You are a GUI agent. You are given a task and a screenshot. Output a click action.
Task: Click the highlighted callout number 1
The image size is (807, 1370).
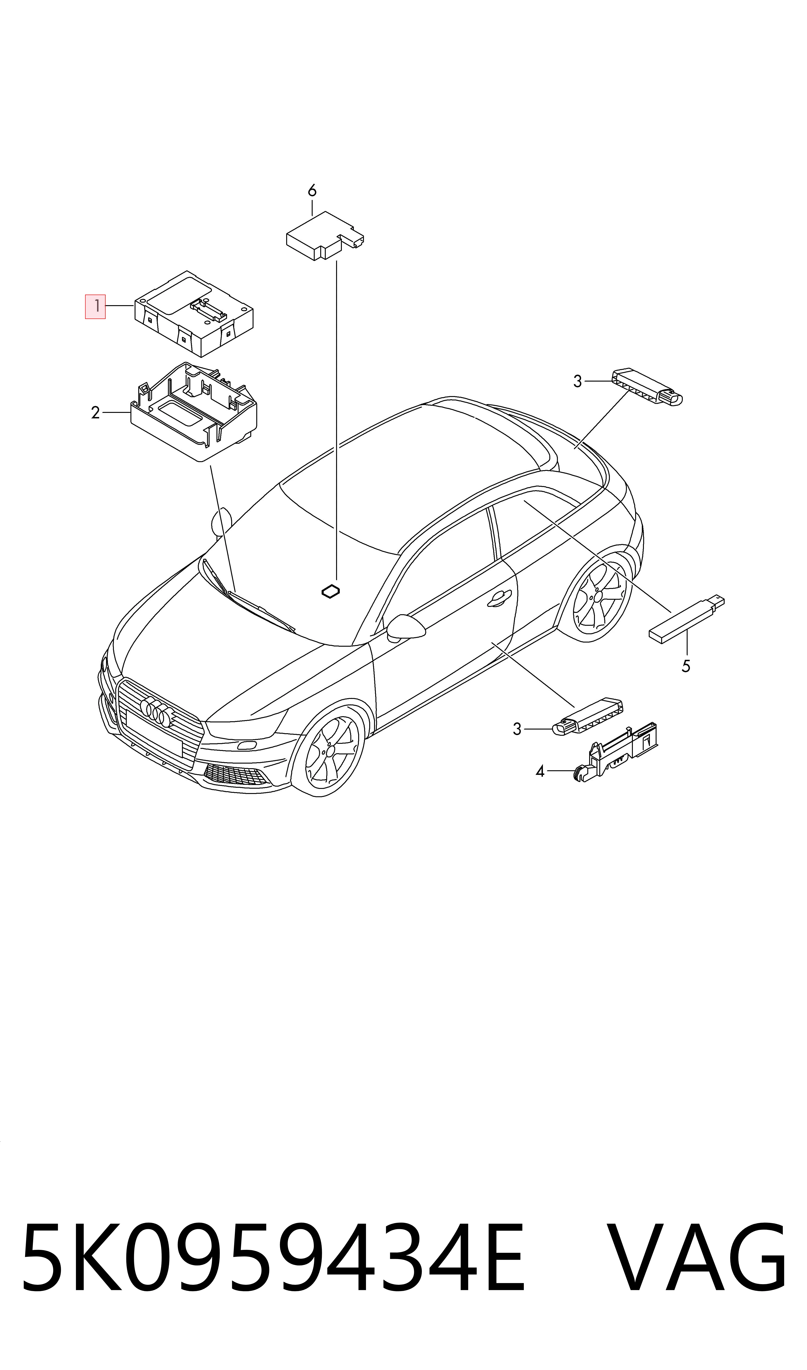[95, 306]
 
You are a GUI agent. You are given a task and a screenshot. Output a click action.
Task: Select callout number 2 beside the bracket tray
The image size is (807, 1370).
[96, 413]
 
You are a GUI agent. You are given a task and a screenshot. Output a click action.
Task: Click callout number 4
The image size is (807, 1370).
[540, 771]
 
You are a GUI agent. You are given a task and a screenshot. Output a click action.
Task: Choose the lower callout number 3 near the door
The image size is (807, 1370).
[517, 729]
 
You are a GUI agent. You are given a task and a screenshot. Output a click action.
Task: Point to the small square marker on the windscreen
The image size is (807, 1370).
[331, 592]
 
